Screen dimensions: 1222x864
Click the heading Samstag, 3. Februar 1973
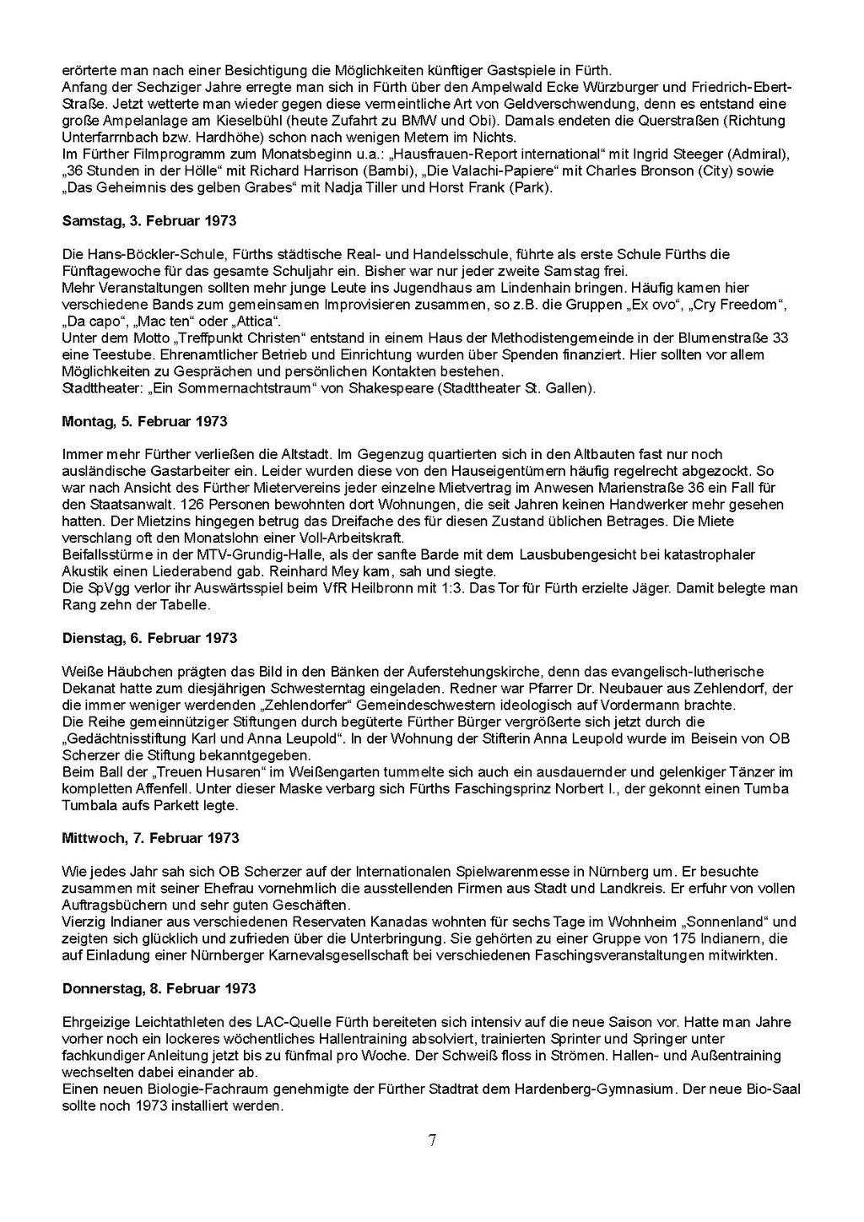[149, 221]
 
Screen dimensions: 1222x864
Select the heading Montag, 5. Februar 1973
[144, 421]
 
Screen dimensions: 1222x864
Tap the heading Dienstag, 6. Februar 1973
[149, 638]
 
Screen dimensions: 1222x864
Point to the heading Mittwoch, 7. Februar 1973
[150, 838]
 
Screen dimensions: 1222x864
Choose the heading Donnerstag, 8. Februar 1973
[159, 988]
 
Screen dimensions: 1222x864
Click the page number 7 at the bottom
[432, 1141]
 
